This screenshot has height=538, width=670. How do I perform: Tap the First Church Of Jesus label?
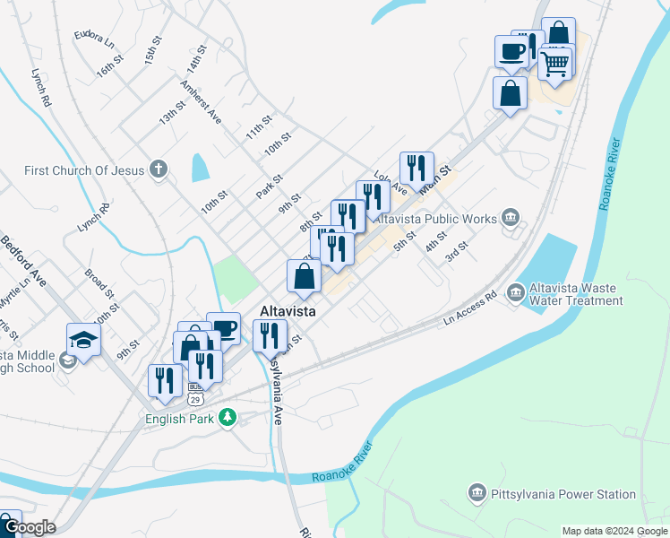(84, 169)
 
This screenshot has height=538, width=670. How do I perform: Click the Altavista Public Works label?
(434, 218)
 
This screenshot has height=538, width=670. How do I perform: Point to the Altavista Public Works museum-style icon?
(511, 217)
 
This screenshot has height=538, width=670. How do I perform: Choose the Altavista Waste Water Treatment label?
(577, 294)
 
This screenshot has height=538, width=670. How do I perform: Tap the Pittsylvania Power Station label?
(563, 494)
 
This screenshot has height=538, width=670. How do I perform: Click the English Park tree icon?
(228, 417)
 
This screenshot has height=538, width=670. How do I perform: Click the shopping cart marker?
(554, 63)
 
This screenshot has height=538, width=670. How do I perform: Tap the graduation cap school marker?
(83, 341)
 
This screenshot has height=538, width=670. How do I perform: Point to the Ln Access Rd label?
(470, 308)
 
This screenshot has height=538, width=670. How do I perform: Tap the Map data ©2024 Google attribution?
(614, 531)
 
